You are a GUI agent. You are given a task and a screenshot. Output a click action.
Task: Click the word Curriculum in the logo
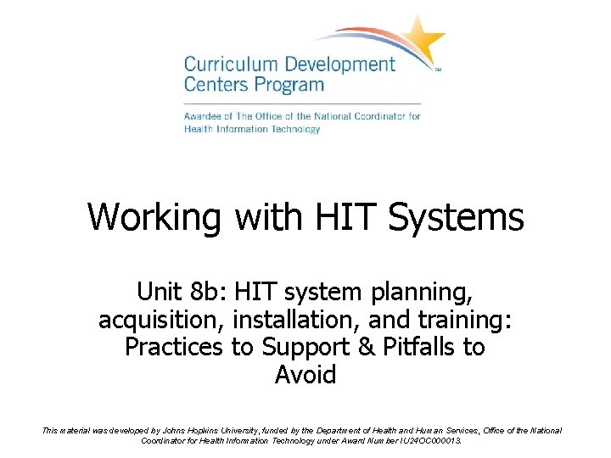[224, 65]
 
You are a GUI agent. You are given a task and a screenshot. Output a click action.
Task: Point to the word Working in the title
[154, 217]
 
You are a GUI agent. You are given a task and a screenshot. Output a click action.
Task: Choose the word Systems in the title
[457, 217]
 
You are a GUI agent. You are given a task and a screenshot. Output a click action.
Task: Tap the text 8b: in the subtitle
[206, 293]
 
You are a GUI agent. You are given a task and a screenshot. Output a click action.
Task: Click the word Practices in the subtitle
[174, 348]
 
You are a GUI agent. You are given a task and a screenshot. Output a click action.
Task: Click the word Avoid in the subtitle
[305, 374]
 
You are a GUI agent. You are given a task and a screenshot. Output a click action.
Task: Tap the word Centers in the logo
[215, 85]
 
